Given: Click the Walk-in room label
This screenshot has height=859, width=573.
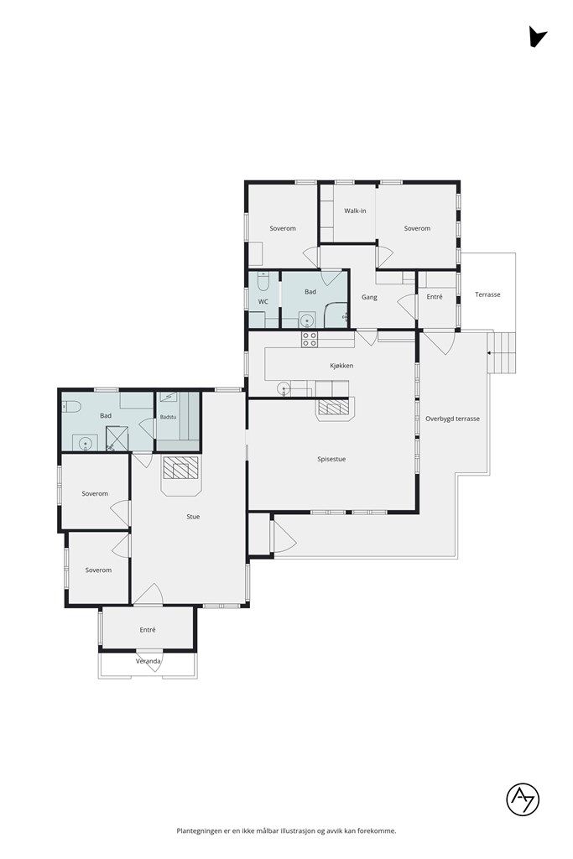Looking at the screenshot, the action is coord(355,211).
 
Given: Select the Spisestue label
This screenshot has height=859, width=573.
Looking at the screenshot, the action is coord(331,459).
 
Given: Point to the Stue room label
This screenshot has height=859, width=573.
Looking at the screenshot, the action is coord(193,516).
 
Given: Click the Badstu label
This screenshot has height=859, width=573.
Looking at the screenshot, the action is coord(168,417).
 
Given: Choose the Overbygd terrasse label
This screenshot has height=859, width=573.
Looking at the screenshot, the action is coord(452,419).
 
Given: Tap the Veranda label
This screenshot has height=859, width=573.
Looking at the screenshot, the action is coord(148,661).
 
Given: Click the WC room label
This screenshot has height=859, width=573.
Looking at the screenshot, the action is coord(263,301).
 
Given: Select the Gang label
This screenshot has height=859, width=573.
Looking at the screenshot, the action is coord(369,298).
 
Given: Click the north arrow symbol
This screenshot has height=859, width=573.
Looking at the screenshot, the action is coord(536,37).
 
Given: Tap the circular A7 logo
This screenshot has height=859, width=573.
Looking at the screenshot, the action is coord(523,799).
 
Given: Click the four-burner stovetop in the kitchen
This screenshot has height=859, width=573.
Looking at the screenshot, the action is coord(309,339).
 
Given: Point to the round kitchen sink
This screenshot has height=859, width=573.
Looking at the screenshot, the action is coord(284,389).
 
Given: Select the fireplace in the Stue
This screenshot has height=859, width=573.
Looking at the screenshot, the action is coord(180,470).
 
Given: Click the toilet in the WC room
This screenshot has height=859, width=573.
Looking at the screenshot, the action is coord(263,282).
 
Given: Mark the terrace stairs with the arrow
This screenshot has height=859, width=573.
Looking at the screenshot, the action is coord(503,352).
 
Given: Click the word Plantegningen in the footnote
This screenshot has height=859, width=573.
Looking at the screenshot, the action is coord(200,831).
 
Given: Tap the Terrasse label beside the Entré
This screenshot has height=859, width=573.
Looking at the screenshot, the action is coord(487,294).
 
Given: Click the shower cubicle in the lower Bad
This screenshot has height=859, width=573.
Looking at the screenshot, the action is coord(117,439).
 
